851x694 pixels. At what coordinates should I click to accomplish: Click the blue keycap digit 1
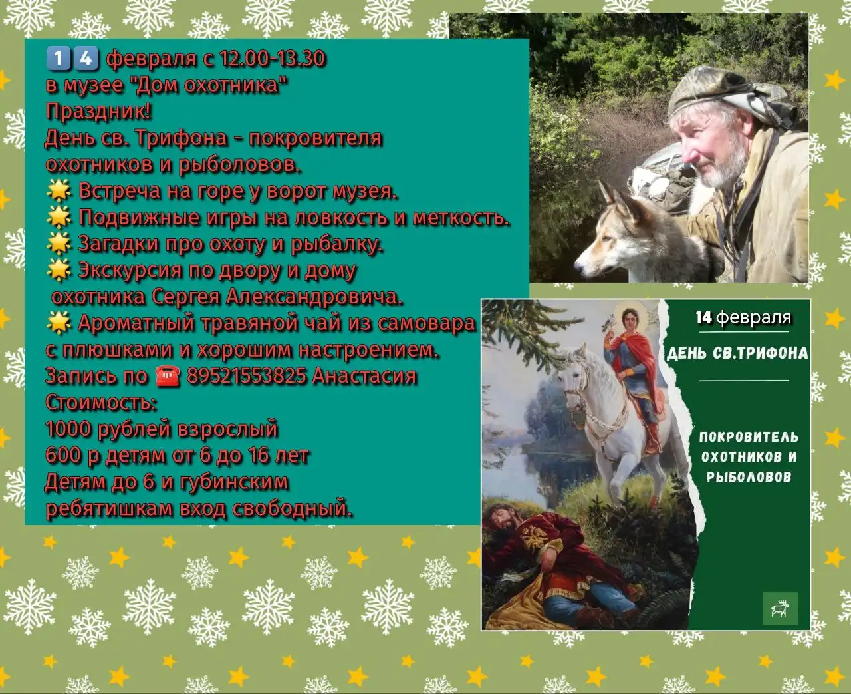click(x=59, y=59)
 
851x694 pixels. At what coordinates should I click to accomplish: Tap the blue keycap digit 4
click(x=85, y=59)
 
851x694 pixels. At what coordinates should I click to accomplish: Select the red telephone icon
click(x=168, y=377)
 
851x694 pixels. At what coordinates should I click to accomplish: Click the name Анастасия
click(x=364, y=376)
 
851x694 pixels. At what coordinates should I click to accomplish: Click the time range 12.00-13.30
click(x=273, y=59)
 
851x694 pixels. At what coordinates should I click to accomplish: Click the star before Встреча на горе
click(x=59, y=192)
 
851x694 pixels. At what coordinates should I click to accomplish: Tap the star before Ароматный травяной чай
click(x=59, y=323)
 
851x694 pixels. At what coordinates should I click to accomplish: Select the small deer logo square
click(x=781, y=607)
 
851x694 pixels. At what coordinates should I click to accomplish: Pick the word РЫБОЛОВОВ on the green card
click(x=749, y=476)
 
